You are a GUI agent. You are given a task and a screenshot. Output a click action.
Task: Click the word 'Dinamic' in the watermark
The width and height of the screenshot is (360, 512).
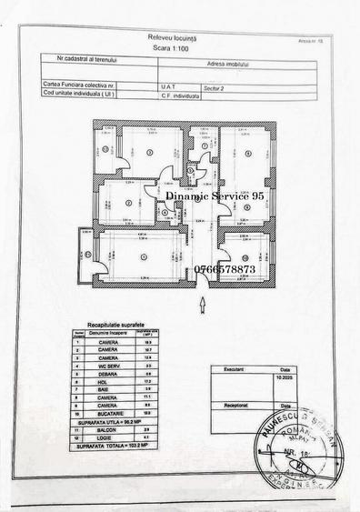coord(189,195)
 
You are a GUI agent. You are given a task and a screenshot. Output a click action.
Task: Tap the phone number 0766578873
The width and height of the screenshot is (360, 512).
coord(225,270)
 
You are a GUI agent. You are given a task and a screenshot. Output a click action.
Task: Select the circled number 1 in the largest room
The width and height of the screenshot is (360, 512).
coord(144,257)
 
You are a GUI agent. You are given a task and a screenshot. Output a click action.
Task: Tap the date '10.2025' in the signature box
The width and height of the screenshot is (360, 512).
coord(285,378)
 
